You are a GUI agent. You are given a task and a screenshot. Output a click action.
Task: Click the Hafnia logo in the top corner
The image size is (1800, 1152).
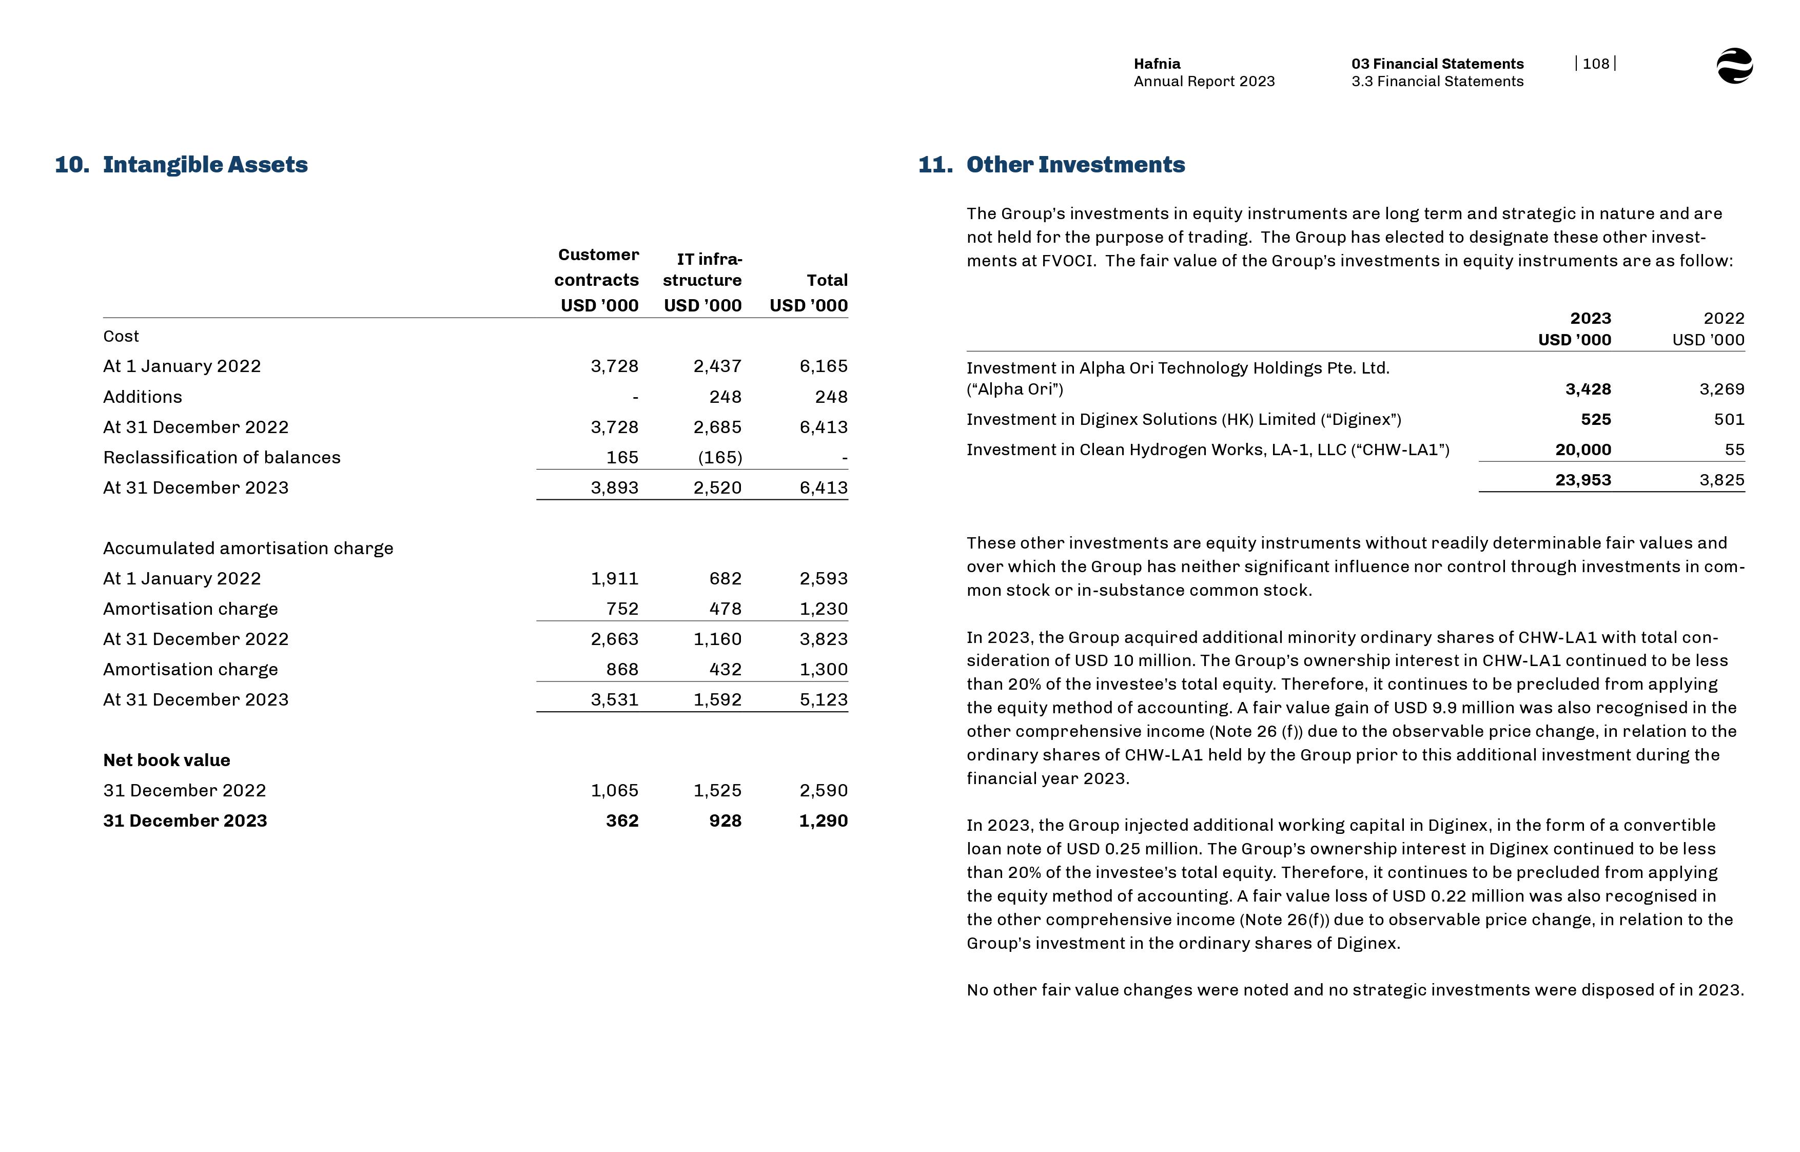point(1733,67)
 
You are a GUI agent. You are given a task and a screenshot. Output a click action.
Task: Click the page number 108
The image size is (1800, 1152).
point(1595,64)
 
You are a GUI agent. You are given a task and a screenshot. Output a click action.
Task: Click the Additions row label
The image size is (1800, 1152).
point(143,397)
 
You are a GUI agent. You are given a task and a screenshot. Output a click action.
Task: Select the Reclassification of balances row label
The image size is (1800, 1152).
point(221,457)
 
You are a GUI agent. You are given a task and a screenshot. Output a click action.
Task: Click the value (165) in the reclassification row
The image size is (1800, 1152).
point(719,457)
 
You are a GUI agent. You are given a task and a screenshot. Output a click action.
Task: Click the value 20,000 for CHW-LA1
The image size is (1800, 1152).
point(1582,450)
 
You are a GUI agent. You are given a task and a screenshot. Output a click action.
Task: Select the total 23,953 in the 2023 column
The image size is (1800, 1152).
point(1582,480)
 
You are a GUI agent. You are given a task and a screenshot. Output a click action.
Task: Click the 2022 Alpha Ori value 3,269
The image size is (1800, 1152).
point(1721,389)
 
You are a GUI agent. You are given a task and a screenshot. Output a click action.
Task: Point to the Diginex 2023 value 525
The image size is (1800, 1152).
point(1595,420)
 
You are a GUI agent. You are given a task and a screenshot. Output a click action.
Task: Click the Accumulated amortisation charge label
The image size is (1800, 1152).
point(247,549)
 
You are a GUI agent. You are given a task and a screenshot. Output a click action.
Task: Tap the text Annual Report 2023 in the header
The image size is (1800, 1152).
point(1203,82)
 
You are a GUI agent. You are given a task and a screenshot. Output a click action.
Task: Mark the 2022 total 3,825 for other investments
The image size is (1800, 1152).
point(1721,480)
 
